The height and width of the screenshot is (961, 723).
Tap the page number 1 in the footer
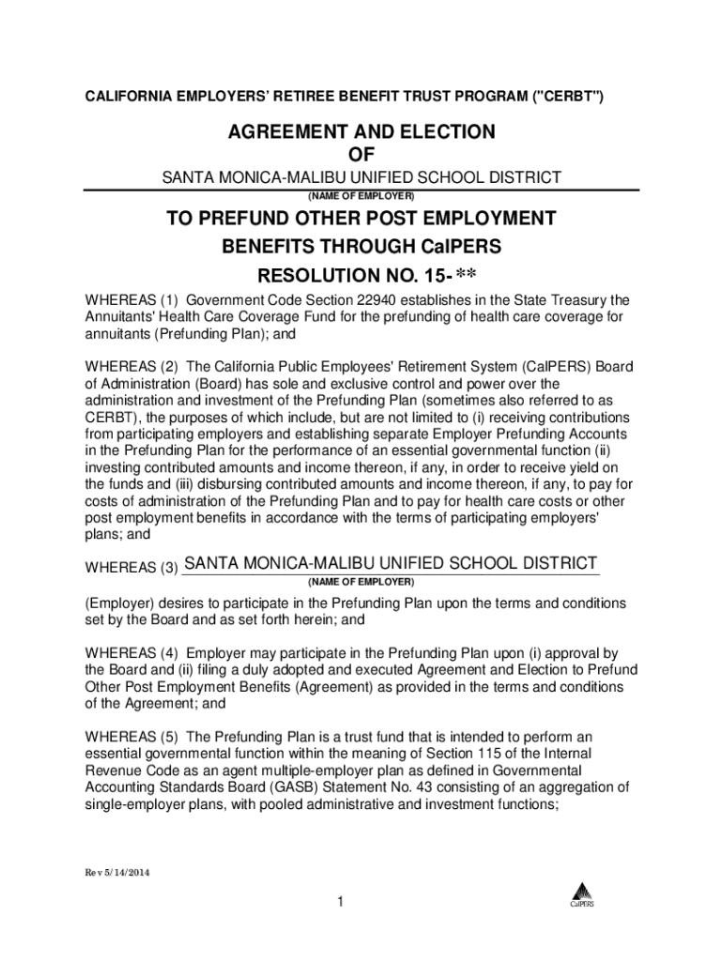point(343,903)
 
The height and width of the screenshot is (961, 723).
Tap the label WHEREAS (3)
point(131,568)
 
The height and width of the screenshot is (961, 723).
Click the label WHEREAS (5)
point(131,737)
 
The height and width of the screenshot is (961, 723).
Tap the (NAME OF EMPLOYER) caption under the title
point(361,196)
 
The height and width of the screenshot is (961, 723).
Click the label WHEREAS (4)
point(131,652)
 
